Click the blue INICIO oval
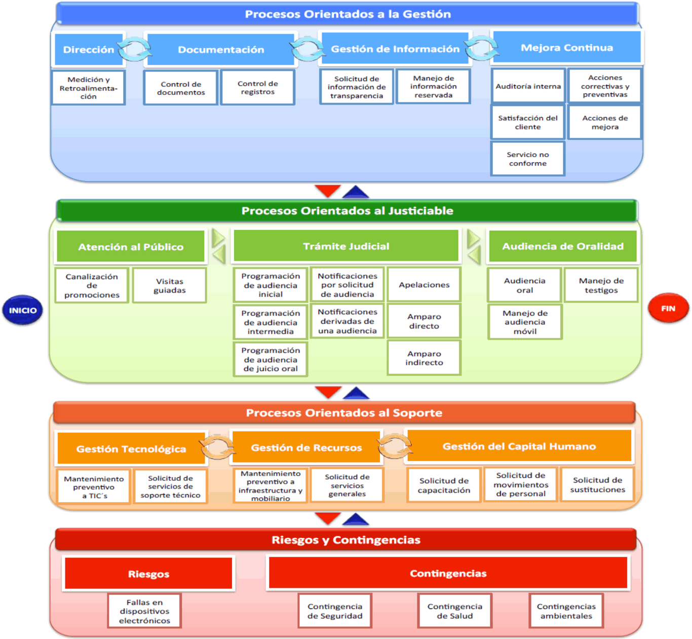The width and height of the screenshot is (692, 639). tap(23, 310)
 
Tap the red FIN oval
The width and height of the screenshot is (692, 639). tap(668, 308)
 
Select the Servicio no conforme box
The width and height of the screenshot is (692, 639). tap(527, 159)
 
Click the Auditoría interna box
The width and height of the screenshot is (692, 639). tap(528, 87)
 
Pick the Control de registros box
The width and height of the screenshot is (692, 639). tap(257, 88)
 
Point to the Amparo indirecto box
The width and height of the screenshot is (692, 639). tap(424, 358)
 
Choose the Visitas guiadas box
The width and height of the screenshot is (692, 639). tap(169, 286)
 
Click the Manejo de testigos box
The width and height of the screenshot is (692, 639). tap(601, 285)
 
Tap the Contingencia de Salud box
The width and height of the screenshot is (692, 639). tap(454, 611)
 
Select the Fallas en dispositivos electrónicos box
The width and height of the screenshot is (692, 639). tap(144, 611)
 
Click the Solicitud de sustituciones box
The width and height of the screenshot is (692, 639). tap(597, 485)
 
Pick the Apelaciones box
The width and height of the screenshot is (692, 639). tap(424, 285)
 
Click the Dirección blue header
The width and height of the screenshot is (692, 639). tap(89, 50)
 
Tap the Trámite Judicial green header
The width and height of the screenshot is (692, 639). tap(346, 246)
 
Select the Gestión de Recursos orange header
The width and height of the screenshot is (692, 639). tap(306, 447)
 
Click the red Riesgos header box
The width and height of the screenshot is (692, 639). tap(148, 574)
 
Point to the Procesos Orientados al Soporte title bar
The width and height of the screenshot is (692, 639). tap(344, 413)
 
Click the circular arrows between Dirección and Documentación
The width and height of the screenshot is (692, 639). tap(135, 49)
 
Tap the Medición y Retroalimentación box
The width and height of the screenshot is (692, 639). tap(88, 88)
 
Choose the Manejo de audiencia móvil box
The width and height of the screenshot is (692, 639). tap(525, 322)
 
